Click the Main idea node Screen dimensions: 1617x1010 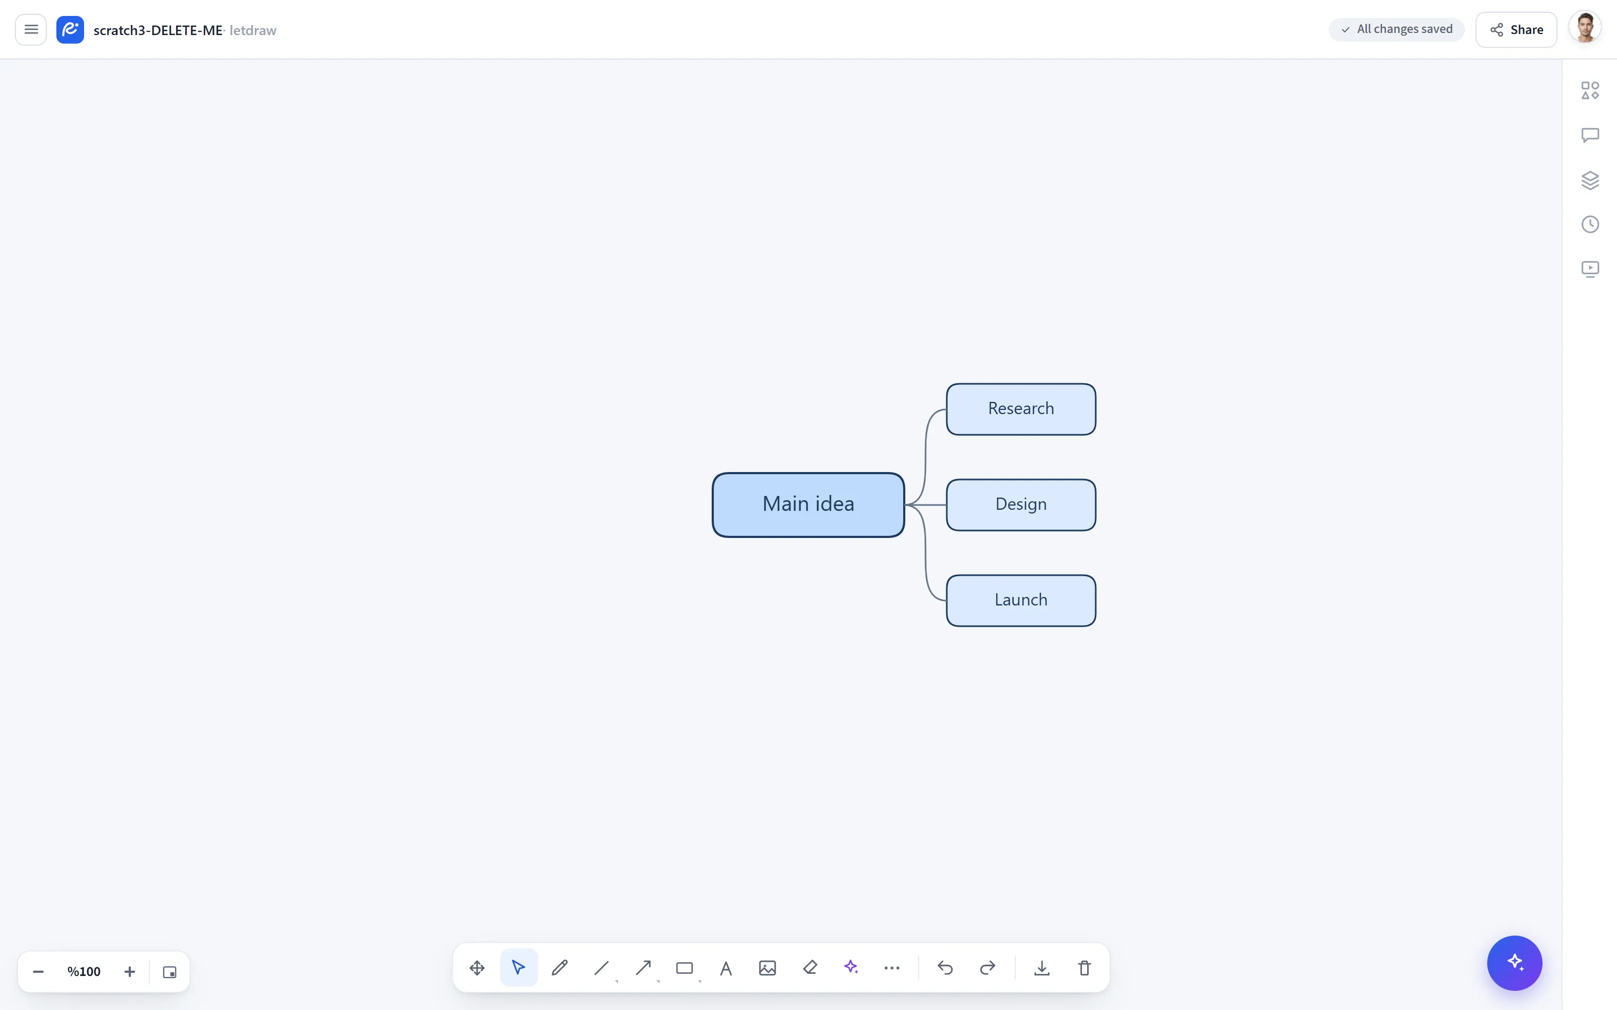point(808,504)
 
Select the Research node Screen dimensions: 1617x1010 point(1021,409)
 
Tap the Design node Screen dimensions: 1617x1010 point(1021,504)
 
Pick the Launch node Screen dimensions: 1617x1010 point(1021,600)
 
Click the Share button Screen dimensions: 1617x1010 point(1516,29)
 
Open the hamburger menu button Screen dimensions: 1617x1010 point(31,29)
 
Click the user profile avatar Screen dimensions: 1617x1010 point(1585,29)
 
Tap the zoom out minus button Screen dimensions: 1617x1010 point(38,971)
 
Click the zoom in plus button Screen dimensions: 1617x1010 point(130,971)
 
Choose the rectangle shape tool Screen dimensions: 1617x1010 point(684,967)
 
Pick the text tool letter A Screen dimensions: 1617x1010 point(726,967)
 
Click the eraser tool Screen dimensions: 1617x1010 point(810,967)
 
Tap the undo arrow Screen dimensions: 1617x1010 point(945,967)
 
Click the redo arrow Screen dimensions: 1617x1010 point(988,967)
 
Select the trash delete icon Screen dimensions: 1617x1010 point(1085,967)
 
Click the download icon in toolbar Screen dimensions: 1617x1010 point(1041,967)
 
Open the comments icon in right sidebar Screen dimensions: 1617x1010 point(1590,135)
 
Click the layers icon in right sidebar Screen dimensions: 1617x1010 point(1590,180)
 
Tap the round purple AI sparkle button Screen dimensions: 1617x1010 point(1514,963)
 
